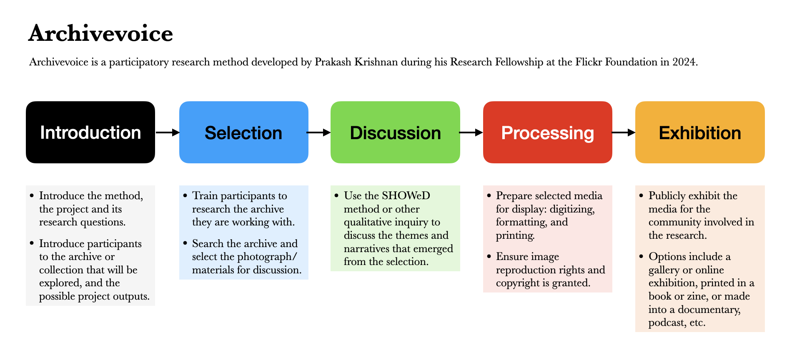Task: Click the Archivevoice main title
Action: click(x=100, y=33)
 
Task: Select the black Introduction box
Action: click(x=90, y=132)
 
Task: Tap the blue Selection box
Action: click(x=244, y=132)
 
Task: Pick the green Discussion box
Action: click(x=395, y=132)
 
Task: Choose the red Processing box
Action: click(x=548, y=132)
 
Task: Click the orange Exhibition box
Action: click(x=700, y=132)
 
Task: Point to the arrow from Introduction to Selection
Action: click(x=168, y=132)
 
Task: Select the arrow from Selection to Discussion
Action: click(x=319, y=132)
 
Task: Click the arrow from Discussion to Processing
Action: click(x=471, y=132)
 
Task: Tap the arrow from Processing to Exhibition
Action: click(x=624, y=132)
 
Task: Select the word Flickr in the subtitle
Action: click(x=589, y=62)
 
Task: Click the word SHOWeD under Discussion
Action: click(x=406, y=196)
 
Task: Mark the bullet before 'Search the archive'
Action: click(x=185, y=243)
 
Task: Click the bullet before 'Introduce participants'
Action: click(x=32, y=243)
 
